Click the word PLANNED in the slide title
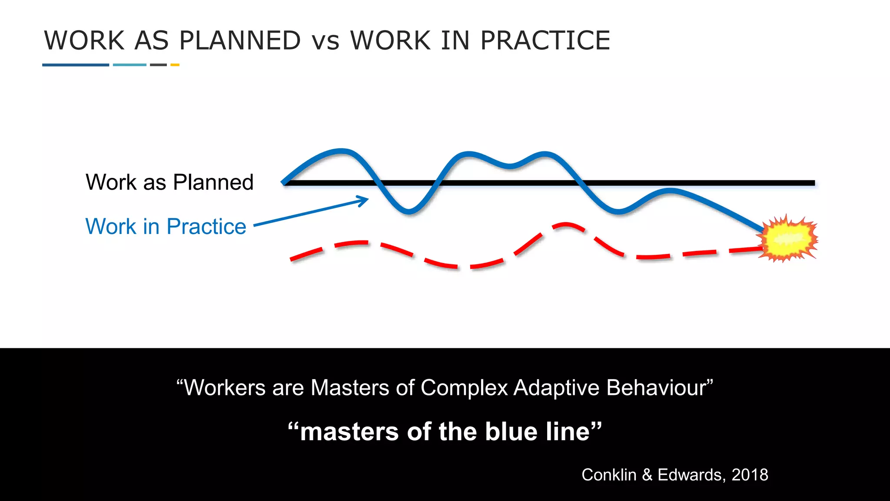click(x=240, y=40)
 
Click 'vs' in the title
click(x=325, y=42)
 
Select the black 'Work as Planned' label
click(x=169, y=182)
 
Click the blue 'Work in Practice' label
click(x=166, y=226)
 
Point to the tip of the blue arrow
click(x=368, y=199)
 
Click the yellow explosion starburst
click(x=788, y=238)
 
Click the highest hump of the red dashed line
click(x=565, y=225)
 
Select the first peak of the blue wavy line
click(x=342, y=151)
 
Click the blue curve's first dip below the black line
click(x=408, y=212)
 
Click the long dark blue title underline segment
click(x=76, y=65)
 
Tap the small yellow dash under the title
click(x=175, y=65)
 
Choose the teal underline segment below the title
click(x=130, y=65)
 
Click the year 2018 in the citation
click(x=750, y=474)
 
